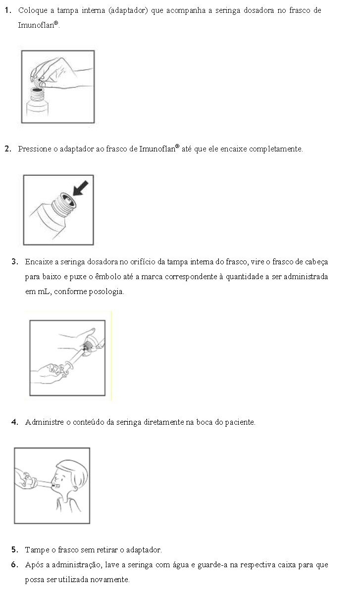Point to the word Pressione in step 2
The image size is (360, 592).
pos(33,149)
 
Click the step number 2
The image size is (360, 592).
pos(8,148)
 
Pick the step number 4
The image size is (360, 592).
pos(15,422)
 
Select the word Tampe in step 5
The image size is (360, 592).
pos(35,550)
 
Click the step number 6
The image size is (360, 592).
pos(15,565)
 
